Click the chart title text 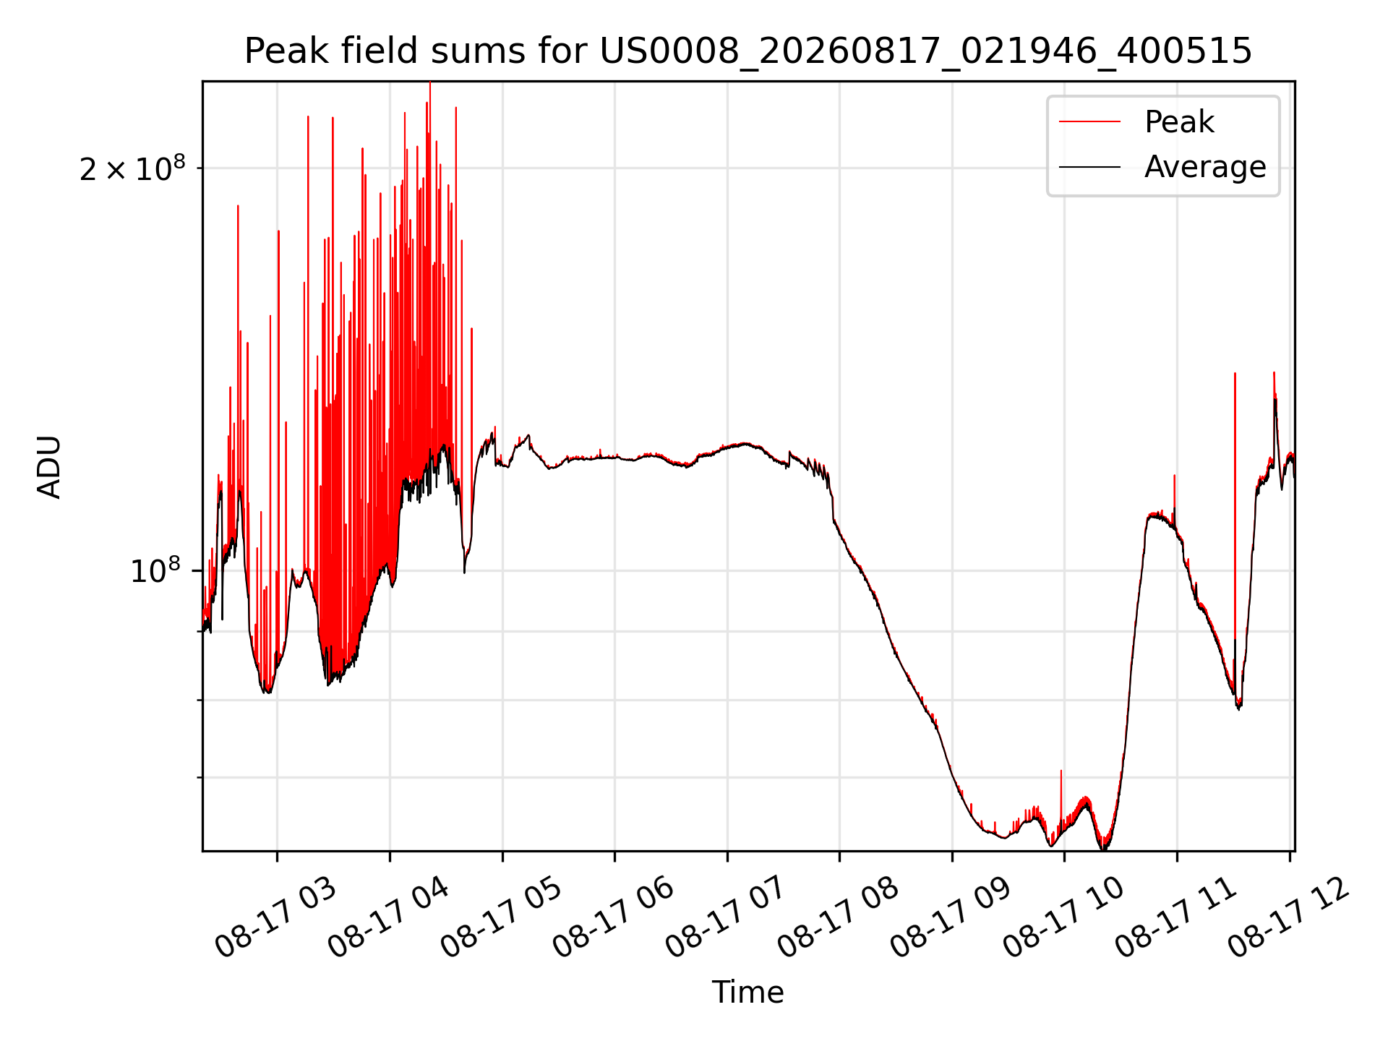[748, 51]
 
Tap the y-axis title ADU [49, 466]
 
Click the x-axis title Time [748, 992]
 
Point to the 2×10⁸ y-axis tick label [132, 168]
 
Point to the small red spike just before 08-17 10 [1061, 799]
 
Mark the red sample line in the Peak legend [1089, 122]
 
